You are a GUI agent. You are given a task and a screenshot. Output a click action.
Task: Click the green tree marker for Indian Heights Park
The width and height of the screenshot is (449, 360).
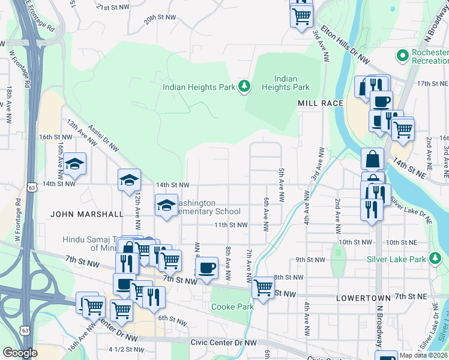coord(244,87)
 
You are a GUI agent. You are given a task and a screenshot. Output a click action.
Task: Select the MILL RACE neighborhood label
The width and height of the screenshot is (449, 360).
coord(321,103)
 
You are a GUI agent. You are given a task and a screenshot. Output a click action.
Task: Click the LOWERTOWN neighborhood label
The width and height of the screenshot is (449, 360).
coord(360,298)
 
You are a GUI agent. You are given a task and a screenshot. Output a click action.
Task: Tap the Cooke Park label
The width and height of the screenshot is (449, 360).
coord(232,307)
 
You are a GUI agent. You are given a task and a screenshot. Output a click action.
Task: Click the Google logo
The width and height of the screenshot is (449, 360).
coord(19,353)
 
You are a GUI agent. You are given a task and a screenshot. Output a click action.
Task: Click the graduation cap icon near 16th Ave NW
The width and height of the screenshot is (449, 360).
coord(74,163)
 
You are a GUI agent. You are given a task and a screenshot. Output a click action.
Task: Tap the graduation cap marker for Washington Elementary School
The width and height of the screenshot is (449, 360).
coord(166,205)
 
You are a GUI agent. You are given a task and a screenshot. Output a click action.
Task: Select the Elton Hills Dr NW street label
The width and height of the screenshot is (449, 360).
coord(345,44)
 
